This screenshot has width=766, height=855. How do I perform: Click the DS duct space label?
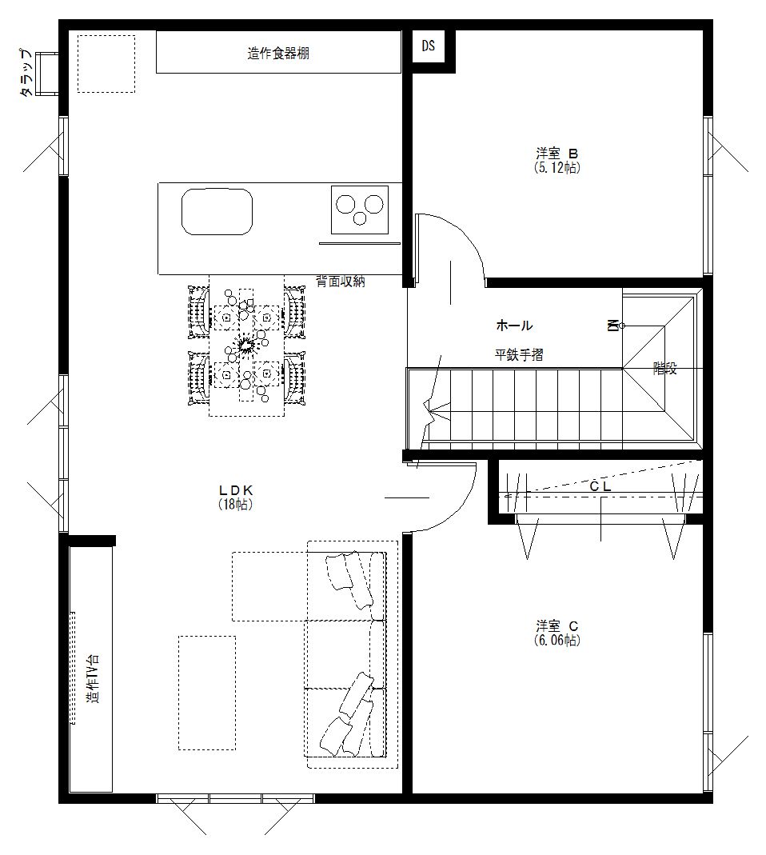pos(429,46)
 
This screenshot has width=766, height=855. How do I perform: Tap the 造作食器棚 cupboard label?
pos(278,54)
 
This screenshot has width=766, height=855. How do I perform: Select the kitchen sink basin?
pos(217,212)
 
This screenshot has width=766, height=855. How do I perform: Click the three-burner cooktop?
pos(360,210)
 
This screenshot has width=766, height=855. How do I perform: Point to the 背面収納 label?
pos(340,282)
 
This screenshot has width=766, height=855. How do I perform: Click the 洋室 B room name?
pos(557,154)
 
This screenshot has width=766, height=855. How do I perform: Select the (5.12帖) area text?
pos(557,168)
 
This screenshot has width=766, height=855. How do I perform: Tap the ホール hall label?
pos(514,326)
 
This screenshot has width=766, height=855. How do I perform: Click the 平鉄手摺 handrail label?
pos(518,355)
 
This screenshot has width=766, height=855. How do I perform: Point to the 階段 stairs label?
pos(664,369)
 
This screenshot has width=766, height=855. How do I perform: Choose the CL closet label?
pos(600,485)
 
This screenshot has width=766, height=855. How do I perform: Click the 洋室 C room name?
pos(557,625)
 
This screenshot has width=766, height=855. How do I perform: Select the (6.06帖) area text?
pos(557,640)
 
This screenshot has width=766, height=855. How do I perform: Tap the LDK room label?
pos(236,490)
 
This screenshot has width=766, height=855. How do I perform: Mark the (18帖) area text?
pos(236,505)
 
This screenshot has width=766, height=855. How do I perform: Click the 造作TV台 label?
pos(94,680)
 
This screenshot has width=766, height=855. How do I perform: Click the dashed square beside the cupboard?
pos(106,64)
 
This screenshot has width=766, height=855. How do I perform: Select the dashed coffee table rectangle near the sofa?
pos(207,693)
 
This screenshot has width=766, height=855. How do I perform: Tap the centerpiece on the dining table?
pos(245,346)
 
